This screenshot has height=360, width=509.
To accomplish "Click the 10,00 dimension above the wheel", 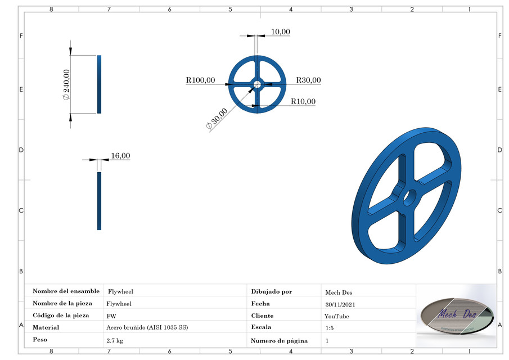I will [x=280, y=31].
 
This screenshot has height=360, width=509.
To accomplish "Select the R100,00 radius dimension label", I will [x=200, y=80].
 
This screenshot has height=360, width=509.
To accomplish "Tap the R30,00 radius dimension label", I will [x=308, y=80].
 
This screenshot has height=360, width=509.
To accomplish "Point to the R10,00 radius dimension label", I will [x=303, y=101].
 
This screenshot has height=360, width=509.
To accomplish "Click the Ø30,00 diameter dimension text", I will [x=217, y=119].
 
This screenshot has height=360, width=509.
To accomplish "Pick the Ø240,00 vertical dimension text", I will [x=66, y=84].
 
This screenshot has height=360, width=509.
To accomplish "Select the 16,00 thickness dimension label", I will [x=120, y=155].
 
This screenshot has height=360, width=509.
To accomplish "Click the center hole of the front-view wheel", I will [x=257, y=84].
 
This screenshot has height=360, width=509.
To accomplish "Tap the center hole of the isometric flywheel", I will [x=409, y=197].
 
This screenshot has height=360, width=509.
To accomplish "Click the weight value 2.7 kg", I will [x=115, y=340].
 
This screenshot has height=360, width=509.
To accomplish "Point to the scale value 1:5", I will [x=329, y=328].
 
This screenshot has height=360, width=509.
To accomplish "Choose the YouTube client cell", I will [x=337, y=316].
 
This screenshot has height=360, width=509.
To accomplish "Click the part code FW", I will [x=111, y=316].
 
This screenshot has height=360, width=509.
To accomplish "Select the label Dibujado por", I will [x=272, y=291].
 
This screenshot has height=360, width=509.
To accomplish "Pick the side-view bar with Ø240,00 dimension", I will [x=99, y=84].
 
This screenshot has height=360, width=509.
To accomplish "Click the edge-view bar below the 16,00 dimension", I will [x=99, y=201].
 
